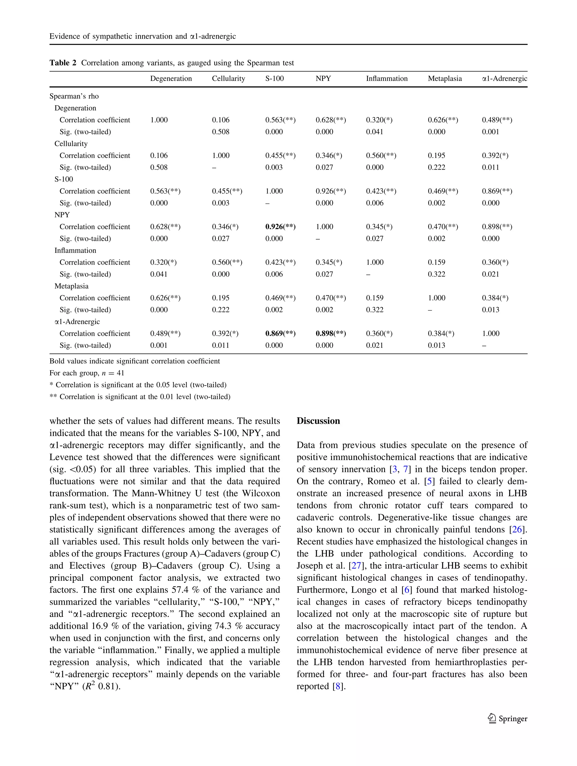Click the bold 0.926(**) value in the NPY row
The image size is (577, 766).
pyautogui.click(x=280, y=227)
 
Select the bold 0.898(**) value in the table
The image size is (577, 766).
pyautogui.click(x=330, y=334)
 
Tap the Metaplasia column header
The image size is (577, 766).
pyautogui.click(x=444, y=79)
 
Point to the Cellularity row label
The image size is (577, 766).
pyautogui.click(x=71, y=144)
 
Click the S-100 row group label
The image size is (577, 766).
pyautogui.click(x=64, y=179)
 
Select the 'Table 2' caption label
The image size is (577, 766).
pyautogui.click(x=63, y=63)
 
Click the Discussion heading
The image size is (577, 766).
pyautogui.click(x=318, y=421)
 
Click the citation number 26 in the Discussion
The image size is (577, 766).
pyautogui.click(x=516, y=530)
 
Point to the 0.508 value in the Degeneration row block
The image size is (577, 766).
pyautogui.click(x=220, y=132)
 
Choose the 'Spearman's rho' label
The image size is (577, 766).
pyautogui.click(x=74, y=96)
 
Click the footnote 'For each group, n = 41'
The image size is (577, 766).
pyautogui.click(x=87, y=373)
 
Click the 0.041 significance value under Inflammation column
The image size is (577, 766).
pyautogui.click(x=374, y=132)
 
